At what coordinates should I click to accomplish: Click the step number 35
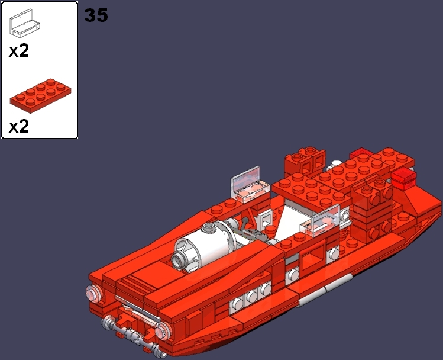(96, 15)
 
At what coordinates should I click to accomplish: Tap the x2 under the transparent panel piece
(19, 51)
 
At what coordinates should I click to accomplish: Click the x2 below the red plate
(19, 126)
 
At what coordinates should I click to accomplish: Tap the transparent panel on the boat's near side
(322, 223)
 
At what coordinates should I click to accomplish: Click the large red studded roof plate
(331, 178)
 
